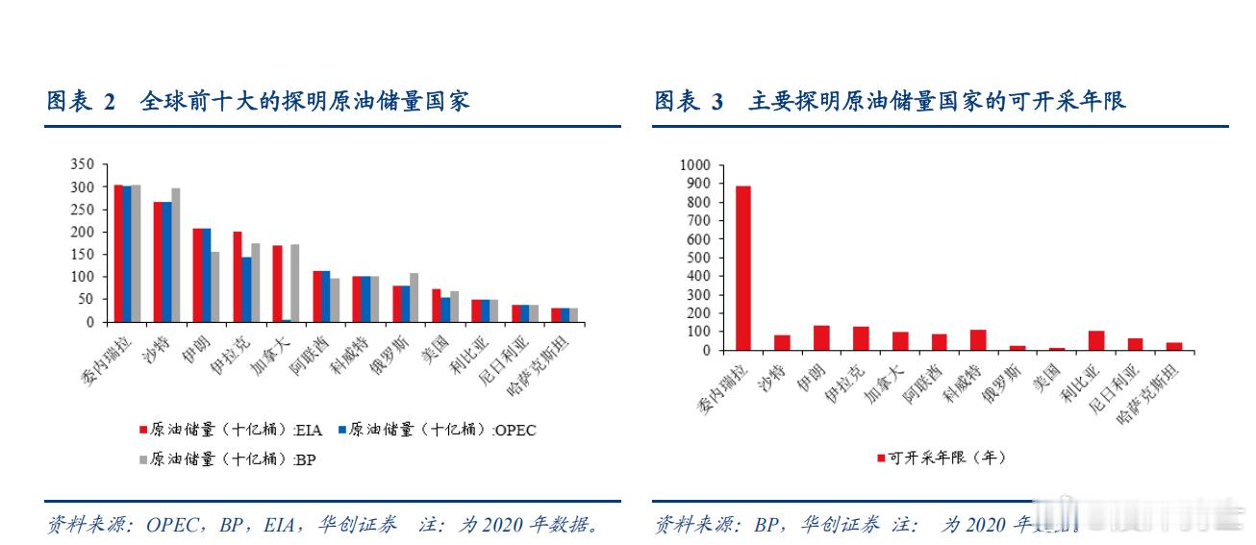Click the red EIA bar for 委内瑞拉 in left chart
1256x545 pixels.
click(118, 254)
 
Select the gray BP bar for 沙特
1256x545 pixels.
click(175, 256)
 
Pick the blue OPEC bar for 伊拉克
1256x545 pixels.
click(246, 289)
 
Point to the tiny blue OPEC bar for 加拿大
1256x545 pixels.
click(287, 320)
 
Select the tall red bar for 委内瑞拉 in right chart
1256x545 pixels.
click(743, 268)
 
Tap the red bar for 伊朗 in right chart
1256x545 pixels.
click(821, 338)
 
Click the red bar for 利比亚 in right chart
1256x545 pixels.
click(1095, 341)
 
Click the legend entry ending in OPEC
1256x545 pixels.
click(439, 430)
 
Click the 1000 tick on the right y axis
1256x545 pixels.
click(695, 164)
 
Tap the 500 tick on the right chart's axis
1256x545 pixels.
click(699, 258)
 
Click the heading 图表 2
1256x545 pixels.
click(82, 101)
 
